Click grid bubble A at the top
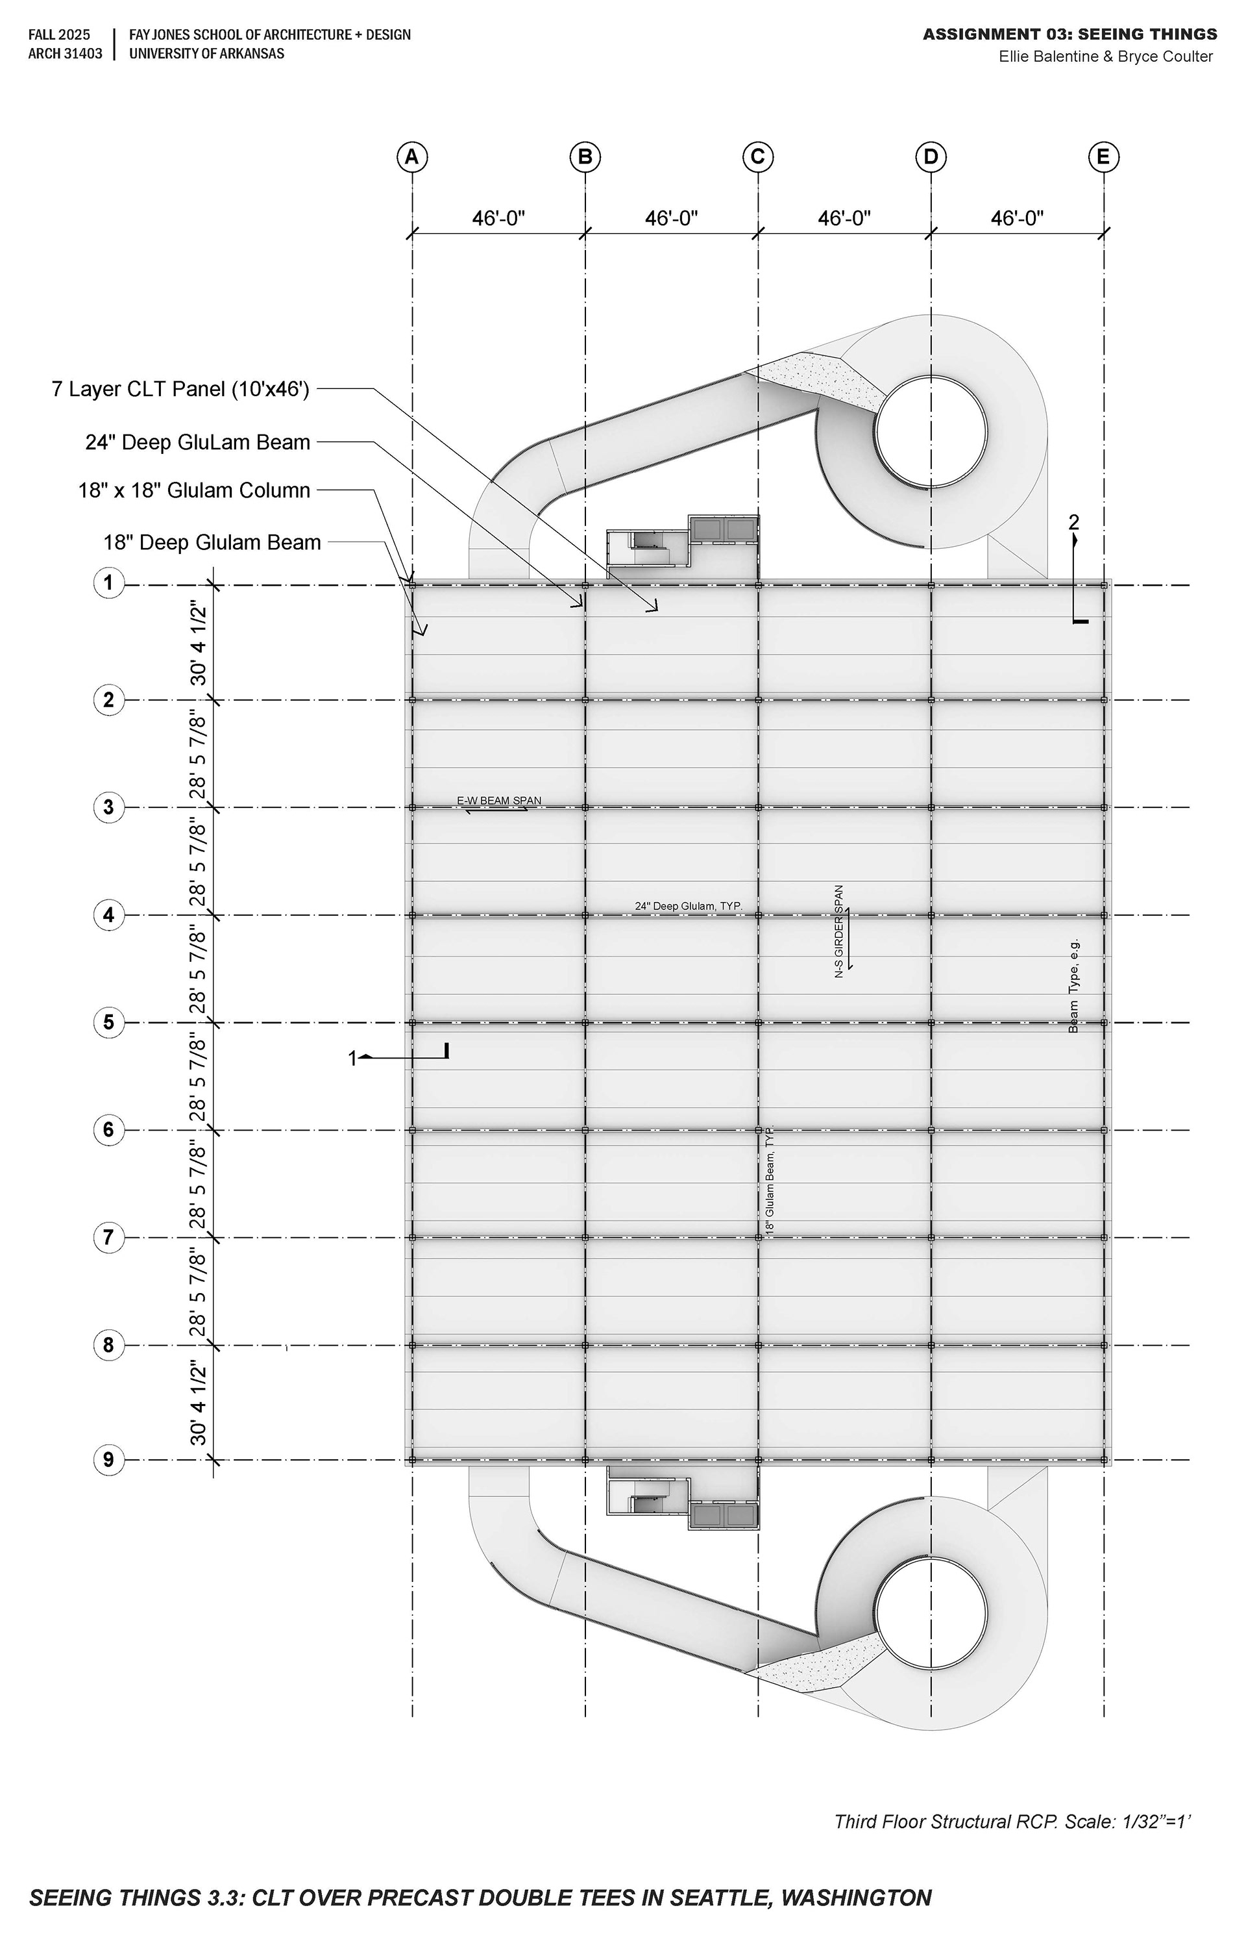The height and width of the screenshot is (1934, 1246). (412, 157)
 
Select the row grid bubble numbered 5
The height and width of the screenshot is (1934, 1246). (109, 1022)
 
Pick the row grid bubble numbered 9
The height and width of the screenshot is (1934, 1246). (109, 1461)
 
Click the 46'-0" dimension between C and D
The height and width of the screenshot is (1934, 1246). (844, 219)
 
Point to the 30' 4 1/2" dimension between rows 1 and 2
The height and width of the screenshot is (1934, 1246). (198, 643)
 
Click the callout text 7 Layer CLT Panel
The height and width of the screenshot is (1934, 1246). (180, 390)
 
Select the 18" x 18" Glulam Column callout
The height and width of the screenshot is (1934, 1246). (194, 490)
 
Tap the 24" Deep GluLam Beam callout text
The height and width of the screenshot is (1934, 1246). (198, 442)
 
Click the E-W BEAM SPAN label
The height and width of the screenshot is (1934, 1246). (499, 801)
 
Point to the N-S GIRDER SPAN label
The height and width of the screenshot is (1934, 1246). (839, 931)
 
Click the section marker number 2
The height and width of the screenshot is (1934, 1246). (1073, 522)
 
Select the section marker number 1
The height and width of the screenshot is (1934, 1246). (352, 1058)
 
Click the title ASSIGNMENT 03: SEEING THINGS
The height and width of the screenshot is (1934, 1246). (1069, 34)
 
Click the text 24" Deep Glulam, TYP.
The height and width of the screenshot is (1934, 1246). (689, 906)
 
